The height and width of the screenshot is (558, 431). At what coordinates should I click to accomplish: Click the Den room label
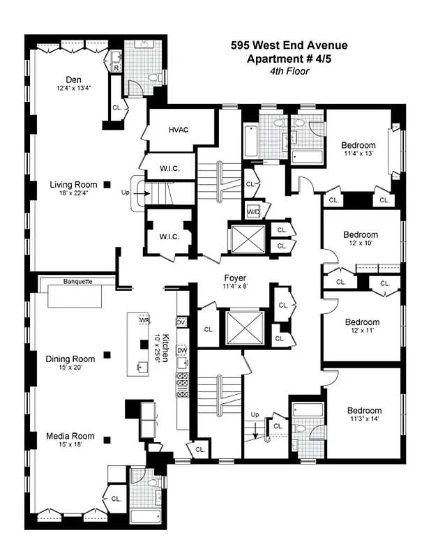[x=75, y=79]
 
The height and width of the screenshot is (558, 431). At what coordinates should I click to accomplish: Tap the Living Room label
[x=73, y=185]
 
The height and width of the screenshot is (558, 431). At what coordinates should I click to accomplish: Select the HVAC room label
[x=179, y=130]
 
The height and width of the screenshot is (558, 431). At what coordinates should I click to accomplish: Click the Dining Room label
[x=69, y=359]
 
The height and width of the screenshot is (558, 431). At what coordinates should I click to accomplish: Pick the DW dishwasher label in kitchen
[x=182, y=350]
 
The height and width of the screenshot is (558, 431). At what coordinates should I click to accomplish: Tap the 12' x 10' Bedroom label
[x=361, y=234]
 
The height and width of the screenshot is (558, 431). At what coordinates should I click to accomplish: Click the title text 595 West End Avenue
[x=289, y=46]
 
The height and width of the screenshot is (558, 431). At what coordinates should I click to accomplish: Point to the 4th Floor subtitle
[x=289, y=70]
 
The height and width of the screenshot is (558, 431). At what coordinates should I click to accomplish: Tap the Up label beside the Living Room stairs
[x=126, y=191]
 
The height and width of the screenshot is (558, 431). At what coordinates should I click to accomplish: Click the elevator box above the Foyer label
[x=248, y=239]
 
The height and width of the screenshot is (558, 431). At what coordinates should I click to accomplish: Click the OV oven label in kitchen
[x=181, y=322]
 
